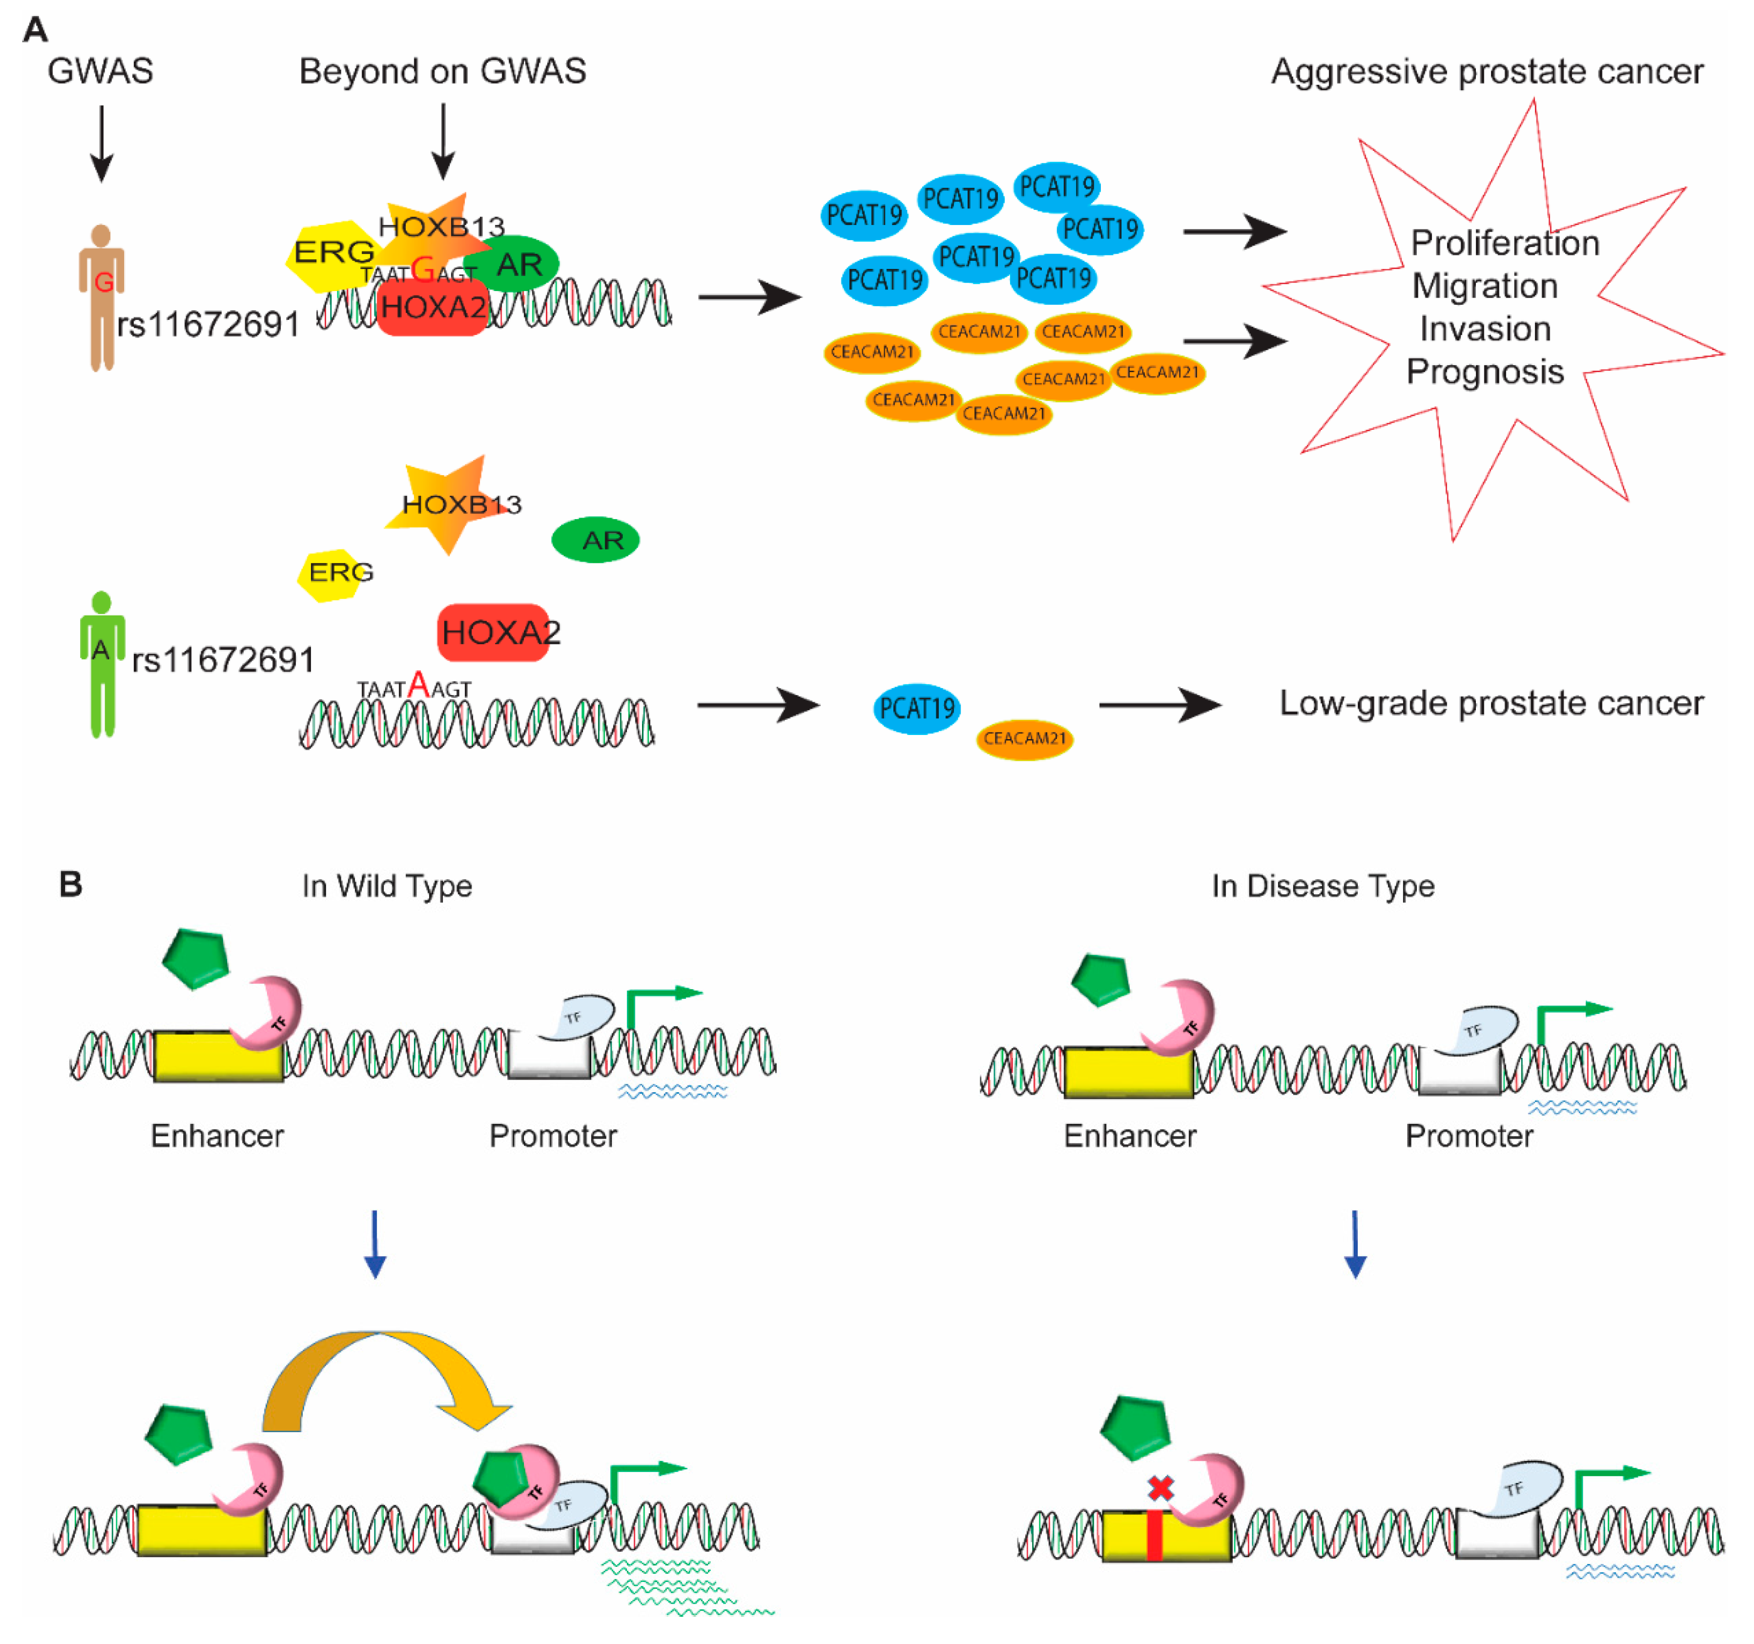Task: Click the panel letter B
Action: (x=71, y=884)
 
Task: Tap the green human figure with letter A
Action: (x=102, y=661)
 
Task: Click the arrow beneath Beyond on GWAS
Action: (x=443, y=141)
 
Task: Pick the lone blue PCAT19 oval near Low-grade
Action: (x=917, y=708)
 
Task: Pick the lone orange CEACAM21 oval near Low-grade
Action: (x=1024, y=738)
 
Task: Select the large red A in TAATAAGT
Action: (x=418, y=685)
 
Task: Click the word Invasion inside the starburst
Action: (x=1485, y=329)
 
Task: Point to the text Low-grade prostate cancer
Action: (x=1491, y=703)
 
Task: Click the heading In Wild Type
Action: (x=387, y=885)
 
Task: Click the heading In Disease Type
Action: (x=1322, y=885)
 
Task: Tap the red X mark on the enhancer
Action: (x=1160, y=1489)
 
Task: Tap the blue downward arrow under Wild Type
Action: (x=375, y=1243)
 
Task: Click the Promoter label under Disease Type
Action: (x=1469, y=1136)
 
